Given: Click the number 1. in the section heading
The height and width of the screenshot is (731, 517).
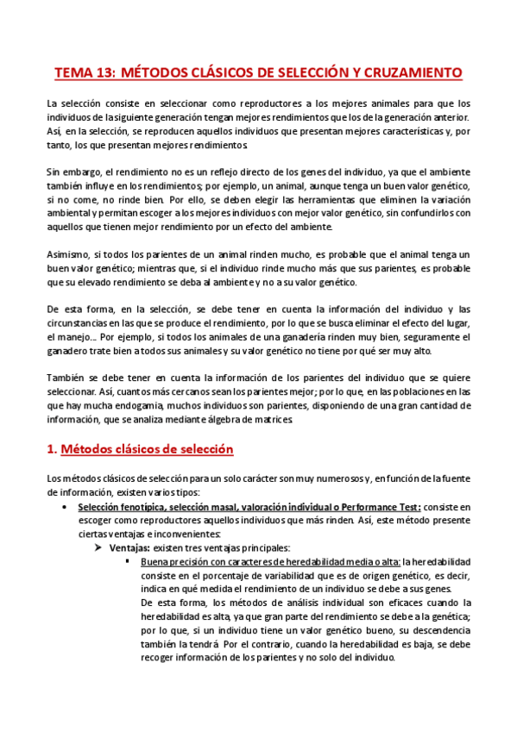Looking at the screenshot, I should point(50,449).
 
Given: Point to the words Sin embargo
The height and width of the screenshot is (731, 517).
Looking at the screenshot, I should point(68,172).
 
